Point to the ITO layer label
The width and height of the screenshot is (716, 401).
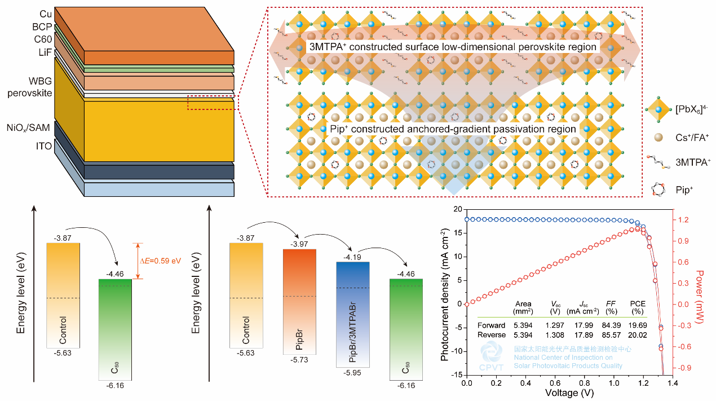(44, 147)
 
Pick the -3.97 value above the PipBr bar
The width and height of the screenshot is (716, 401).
(299, 244)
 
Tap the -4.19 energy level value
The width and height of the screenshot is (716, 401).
(352, 256)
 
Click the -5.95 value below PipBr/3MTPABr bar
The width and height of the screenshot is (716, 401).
(352, 372)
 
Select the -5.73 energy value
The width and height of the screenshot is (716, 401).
(299, 360)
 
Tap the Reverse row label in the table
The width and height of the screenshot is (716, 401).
(491, 335)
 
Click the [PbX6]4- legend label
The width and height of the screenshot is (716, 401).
(688, 108)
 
